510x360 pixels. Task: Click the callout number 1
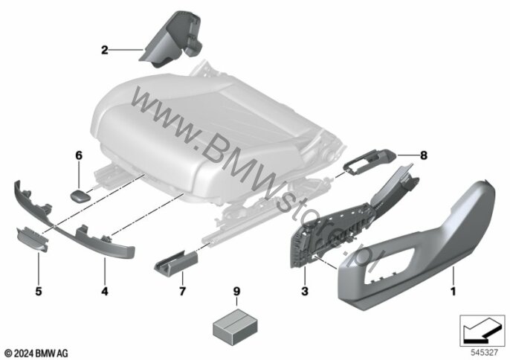point(453,291)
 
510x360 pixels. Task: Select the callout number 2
point(104,50)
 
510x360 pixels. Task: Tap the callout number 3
point(305,291)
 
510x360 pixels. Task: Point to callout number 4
point(104,291)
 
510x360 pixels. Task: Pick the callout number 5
point(39,291)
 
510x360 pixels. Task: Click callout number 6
point(79,155)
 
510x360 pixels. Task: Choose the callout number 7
point(182,291)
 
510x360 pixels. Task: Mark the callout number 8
point(424,155)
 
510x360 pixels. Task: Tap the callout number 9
point(236,291)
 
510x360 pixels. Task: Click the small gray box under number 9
point(235,326)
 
